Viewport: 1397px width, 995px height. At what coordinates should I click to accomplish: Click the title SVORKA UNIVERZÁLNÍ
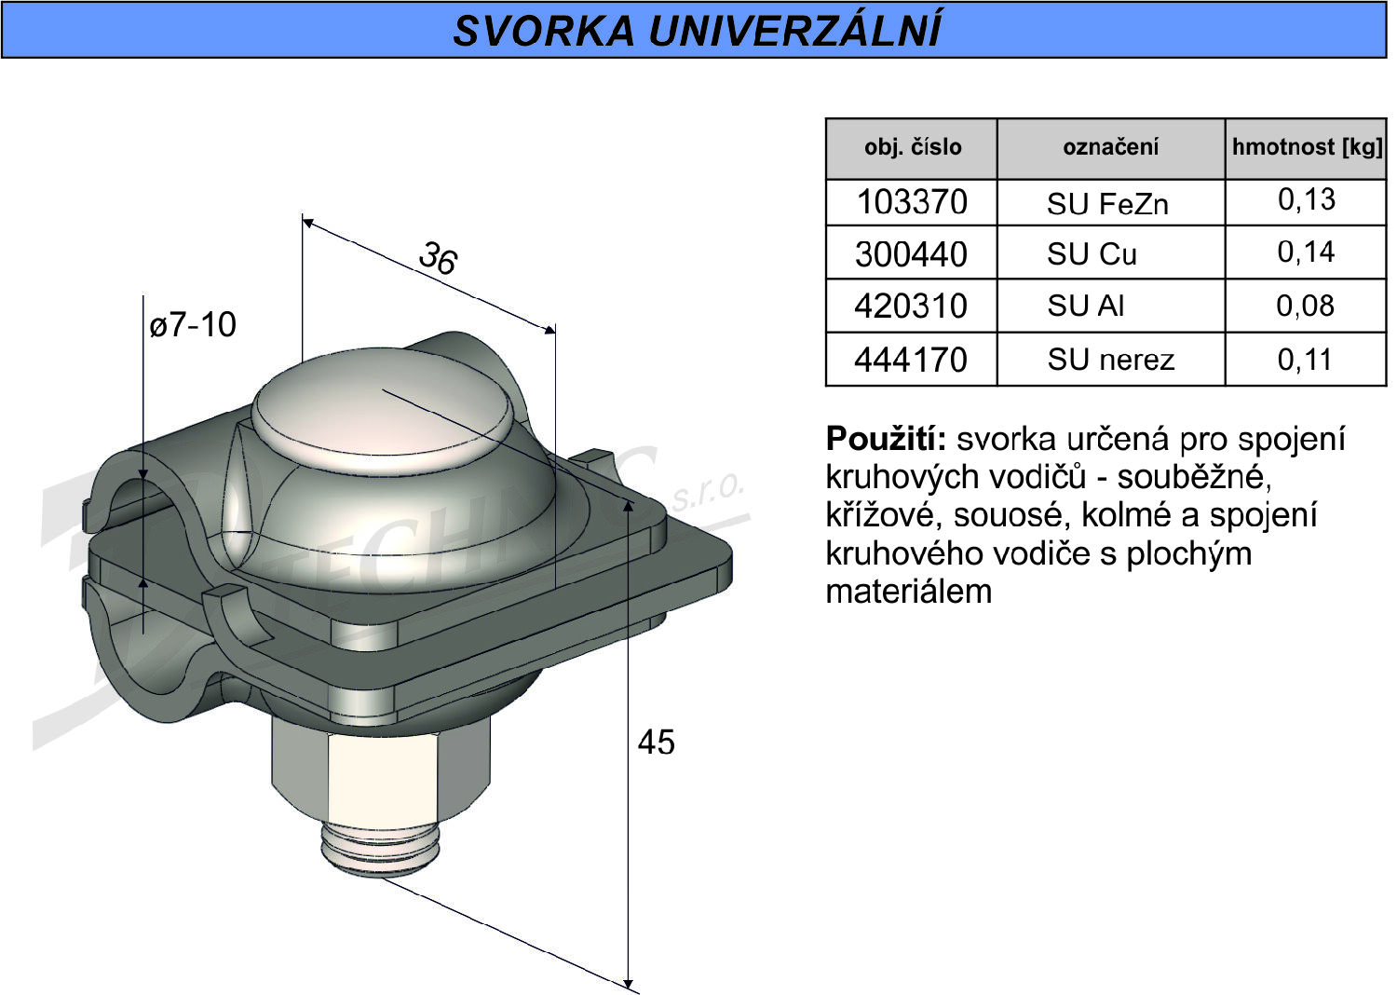point(697,30)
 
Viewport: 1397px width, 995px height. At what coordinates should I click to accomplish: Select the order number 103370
point(911,202)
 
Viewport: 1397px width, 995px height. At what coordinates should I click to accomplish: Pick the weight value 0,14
point(1306,252)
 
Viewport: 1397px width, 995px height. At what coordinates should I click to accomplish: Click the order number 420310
point(911,306)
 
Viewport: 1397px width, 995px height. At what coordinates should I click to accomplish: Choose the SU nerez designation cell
point(1110,360)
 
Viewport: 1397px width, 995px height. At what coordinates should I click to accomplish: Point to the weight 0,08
point(1305,306)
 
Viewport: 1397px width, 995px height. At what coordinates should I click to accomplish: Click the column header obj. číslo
point(913,147)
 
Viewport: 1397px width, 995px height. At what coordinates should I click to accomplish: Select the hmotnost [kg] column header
point(1308,147)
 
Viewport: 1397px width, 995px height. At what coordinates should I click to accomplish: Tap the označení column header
point(1110,147)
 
